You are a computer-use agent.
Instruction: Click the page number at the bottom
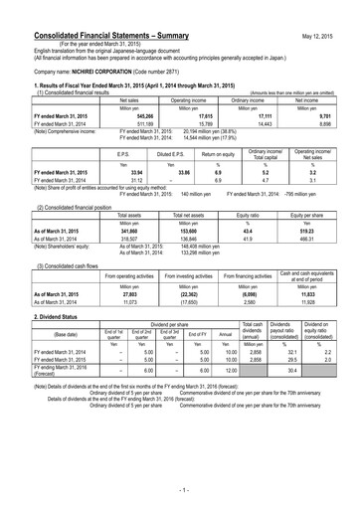(x=180, y=490)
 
